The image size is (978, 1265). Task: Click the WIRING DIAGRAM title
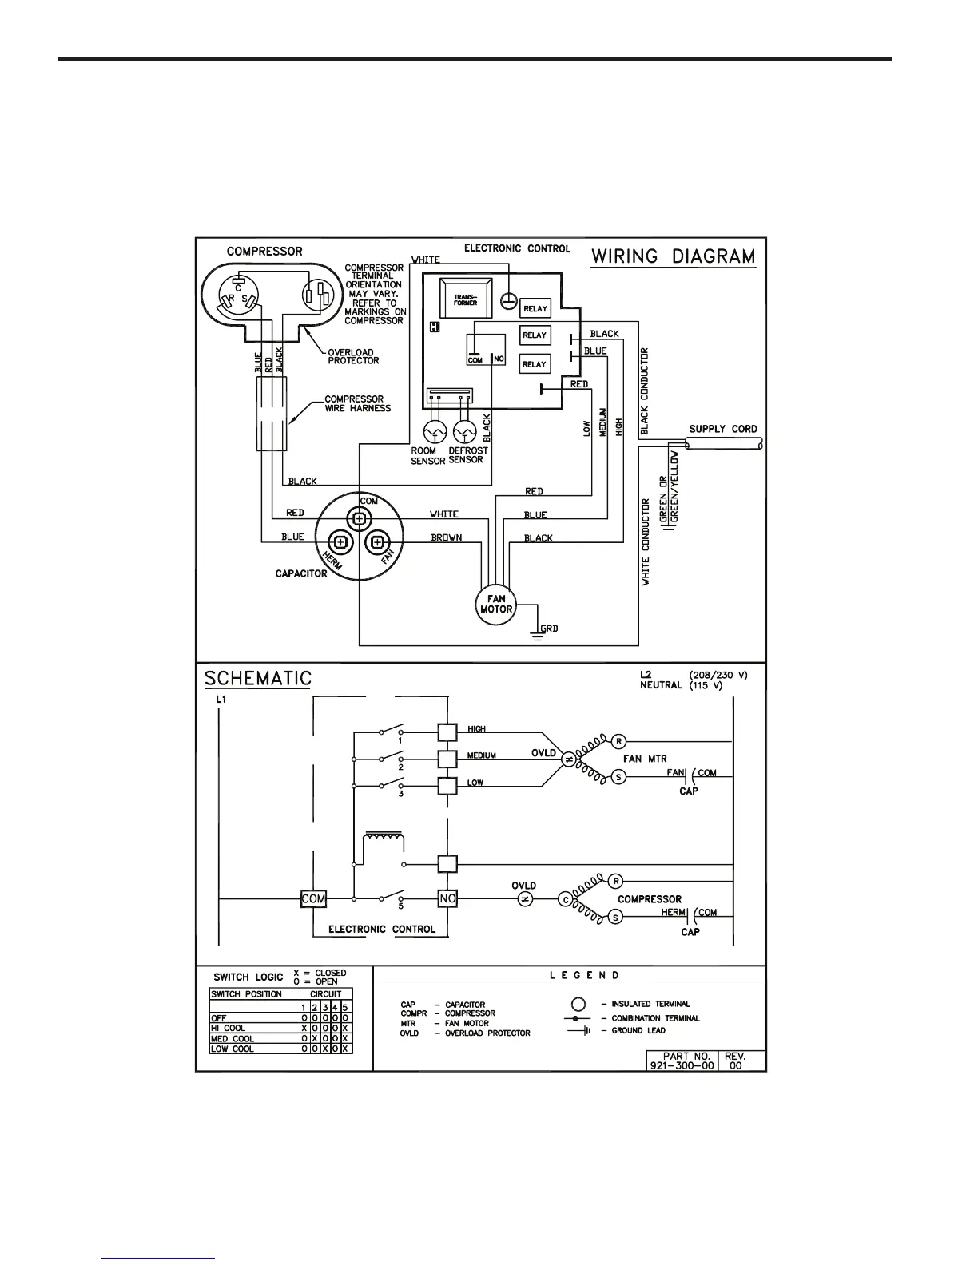(673, 256)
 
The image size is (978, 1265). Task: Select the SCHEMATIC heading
(257, 678)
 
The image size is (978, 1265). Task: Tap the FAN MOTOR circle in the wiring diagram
(496, 604)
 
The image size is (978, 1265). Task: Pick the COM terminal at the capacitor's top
(360, 518)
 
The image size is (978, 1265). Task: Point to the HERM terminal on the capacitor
(340, 542)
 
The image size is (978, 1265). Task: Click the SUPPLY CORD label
(723, 429)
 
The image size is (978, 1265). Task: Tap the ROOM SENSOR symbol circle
(435, 432)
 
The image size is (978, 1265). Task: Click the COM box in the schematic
(313, 898)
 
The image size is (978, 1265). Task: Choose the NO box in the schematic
(447, 898)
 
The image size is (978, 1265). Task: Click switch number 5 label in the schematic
(400, 906)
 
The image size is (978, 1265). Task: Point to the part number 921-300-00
(682, 1065)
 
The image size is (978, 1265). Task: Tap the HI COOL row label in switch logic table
(229, 1028)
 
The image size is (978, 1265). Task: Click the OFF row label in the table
(219, 1018)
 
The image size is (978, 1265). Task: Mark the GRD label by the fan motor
(550, 629)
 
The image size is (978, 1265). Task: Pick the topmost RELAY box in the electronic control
(535, 308)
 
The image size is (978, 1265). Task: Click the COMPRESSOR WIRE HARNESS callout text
(357, 403)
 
